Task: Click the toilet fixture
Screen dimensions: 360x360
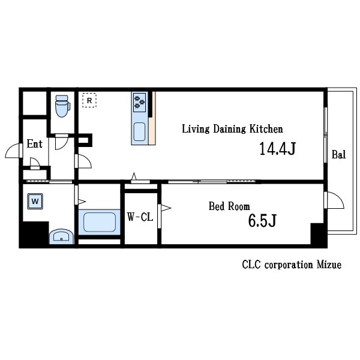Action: (x=62, y=106)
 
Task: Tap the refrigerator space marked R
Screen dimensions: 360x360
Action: (x=89, y=100)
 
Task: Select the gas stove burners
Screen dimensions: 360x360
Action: (x=140, y=103)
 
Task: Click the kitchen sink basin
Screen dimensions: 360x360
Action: (x=139, y=131)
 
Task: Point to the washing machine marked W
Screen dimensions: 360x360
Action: (x=35, y=202)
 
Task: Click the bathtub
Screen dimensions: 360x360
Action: (x=100, y=222)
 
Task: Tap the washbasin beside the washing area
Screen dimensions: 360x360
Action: (x=61, y=236)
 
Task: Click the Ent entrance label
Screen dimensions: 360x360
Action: (x=35, y=144)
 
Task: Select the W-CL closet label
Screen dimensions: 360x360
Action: (x=140, y=217)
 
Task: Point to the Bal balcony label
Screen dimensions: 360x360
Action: (x=338, y=154)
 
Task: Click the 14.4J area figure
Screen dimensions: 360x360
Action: (x=277, y=149)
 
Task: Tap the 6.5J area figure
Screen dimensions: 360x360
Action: (x=262, y=220)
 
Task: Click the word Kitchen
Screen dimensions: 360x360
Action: (x=266, y=129)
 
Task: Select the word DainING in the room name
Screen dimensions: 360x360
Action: (x=230, y=129)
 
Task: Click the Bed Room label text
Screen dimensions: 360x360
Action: (x=229, y=206)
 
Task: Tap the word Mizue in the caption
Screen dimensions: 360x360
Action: (x=329, y=265)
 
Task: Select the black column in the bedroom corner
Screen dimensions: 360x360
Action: (x=319, y=234)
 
